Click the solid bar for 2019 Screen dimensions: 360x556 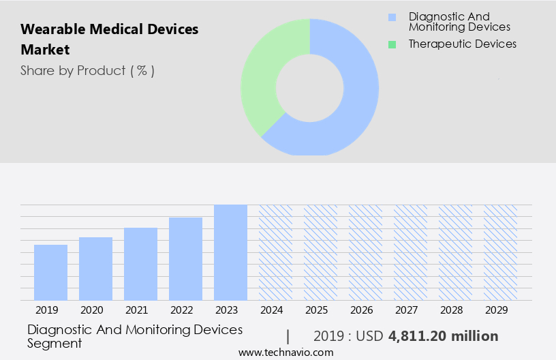pos(50,272)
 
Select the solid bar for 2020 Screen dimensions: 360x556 pos(95,269)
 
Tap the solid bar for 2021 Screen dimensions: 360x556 pos(140,264)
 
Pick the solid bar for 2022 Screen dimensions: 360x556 pos(185,258)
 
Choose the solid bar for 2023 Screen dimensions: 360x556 pos(230,252)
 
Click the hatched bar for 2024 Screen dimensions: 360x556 pos(275,252)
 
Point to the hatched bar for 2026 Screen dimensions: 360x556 pos(365,252)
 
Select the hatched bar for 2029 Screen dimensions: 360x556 pos(500,252)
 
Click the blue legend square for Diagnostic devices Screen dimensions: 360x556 pos(392,17)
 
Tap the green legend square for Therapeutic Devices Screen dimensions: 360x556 pos(392,44)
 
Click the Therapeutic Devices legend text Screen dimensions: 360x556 pos(462,44)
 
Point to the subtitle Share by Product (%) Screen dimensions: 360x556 pos(87,70)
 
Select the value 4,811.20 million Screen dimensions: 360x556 pos(443,336)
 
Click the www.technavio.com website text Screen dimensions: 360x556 pos(285,352)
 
